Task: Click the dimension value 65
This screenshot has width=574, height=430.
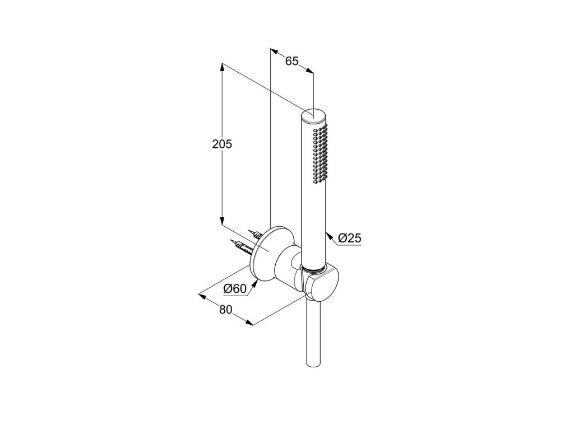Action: (x=292, y=61)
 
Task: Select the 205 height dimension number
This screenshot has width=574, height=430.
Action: (x=222, y=144)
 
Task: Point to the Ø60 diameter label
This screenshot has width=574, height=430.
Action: (x=235, y=289)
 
